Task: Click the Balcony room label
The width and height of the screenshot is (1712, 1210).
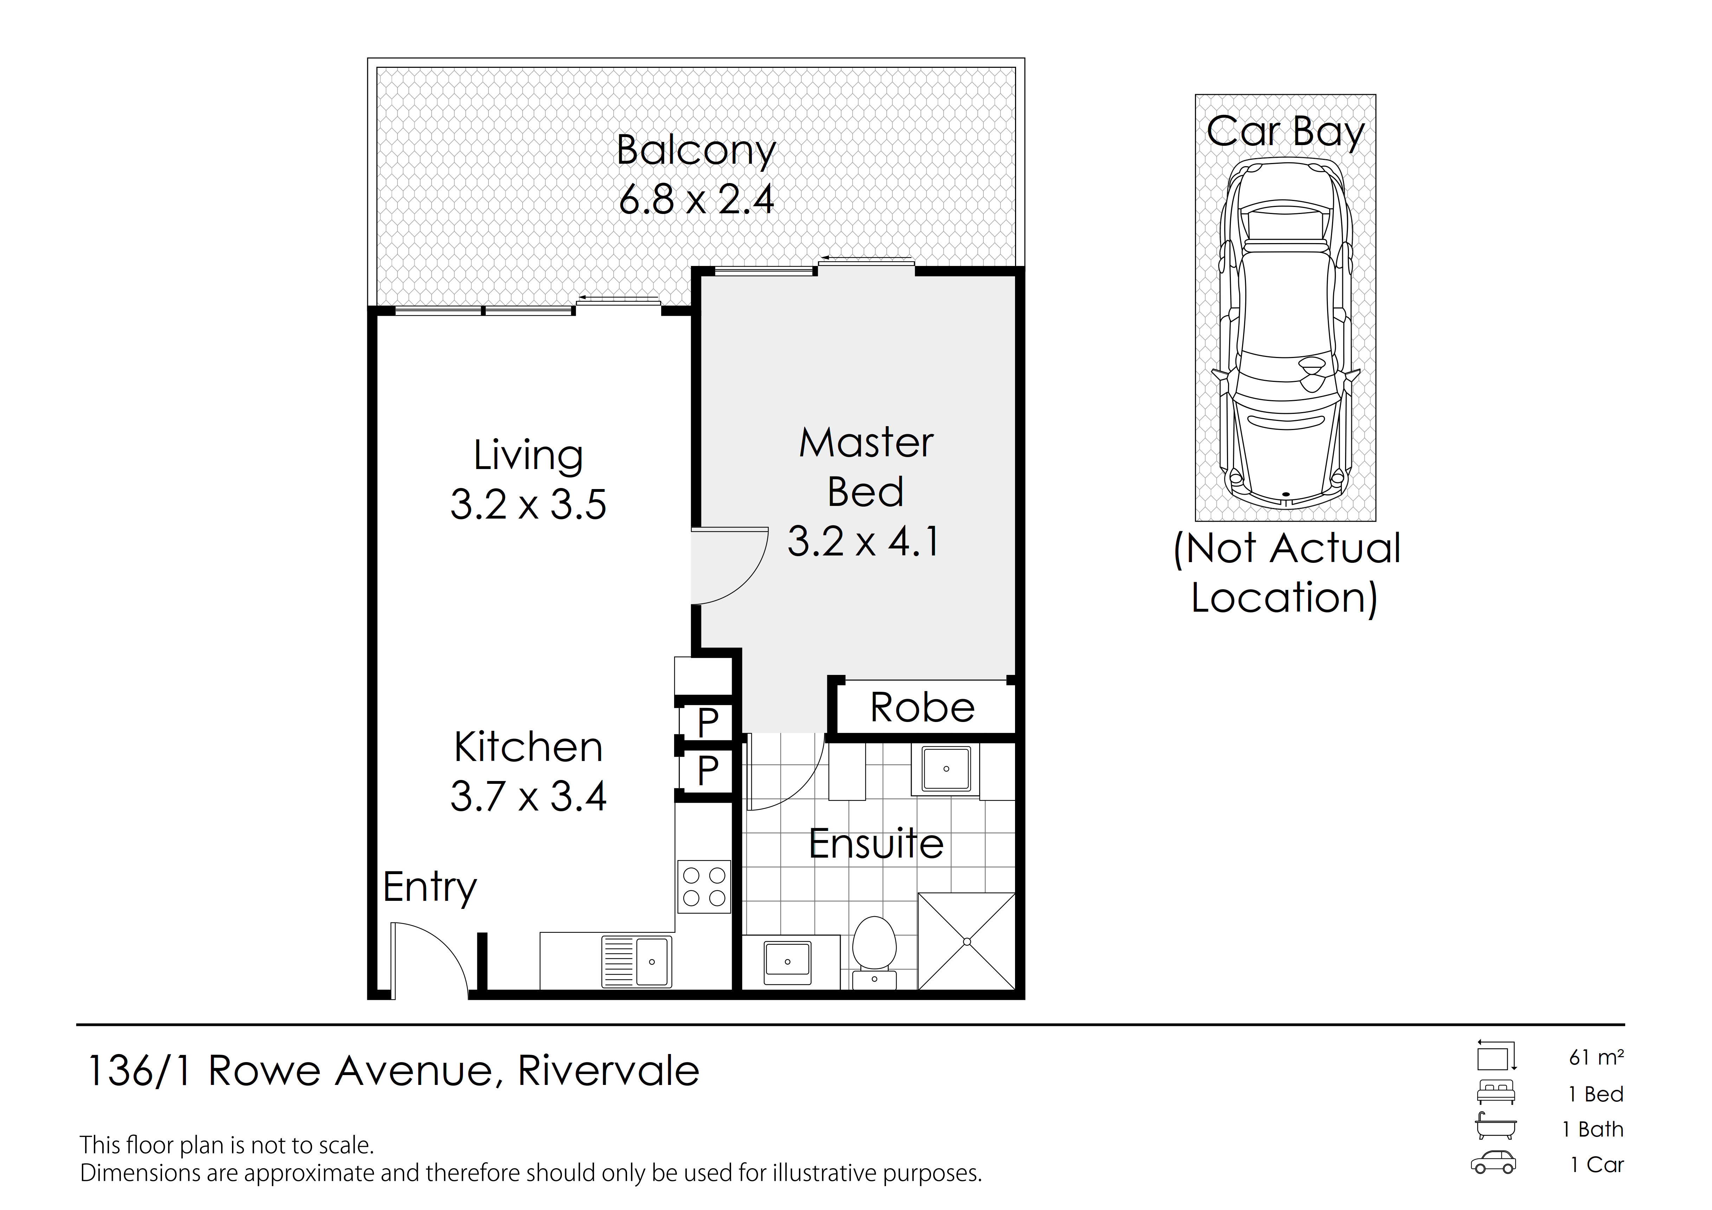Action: pyautogui.click(x=696, y=151)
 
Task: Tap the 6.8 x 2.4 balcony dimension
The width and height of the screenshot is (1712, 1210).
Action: pyautogui.click(x=696, y=199)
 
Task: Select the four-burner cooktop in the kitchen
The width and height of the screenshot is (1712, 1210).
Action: pyautogui.click(x=704, y=886)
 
